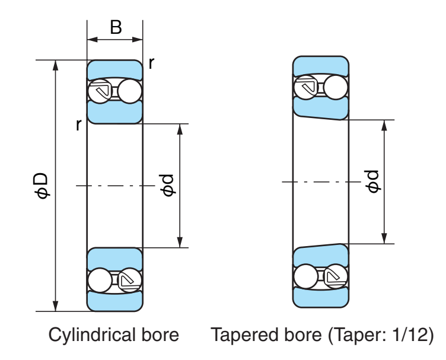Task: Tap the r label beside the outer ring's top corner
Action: click(152, 63)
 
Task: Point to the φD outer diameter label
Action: click(41, 186)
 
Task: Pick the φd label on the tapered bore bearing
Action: click(373, 181)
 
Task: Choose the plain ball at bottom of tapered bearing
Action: click(305, 276)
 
